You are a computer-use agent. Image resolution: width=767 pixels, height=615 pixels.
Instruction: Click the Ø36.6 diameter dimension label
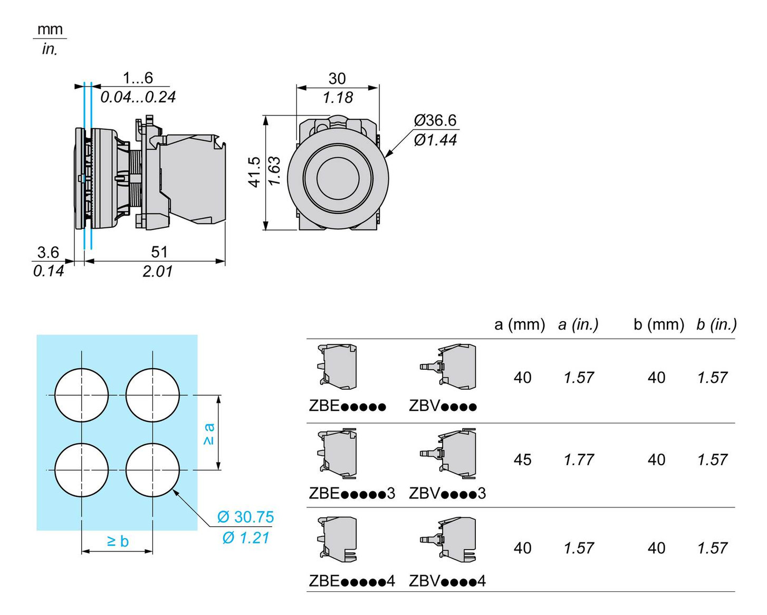tap(435, 121)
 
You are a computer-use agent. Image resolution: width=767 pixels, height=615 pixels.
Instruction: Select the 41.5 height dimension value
tap(255, 172)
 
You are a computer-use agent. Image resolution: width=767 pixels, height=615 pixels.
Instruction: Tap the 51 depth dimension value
tap(159, 252)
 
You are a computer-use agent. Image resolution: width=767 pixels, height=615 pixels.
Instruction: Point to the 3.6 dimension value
tap(48, 252)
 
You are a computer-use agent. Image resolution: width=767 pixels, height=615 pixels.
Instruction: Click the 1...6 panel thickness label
tap(138, 78)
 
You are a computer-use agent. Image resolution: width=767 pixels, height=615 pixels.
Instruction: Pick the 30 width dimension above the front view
tap(337, 79)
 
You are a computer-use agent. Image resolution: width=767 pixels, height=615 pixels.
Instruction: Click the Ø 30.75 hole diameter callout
tap(246, 517)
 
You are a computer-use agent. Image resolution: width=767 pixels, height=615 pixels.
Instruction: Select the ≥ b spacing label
tap(118, 541)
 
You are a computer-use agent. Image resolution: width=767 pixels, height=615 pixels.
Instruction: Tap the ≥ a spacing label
tap(209, 434)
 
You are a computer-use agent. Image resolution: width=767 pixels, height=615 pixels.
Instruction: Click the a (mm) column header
tap(520, 324)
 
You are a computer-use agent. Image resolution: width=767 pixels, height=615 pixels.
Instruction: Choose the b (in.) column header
tap(716, 324)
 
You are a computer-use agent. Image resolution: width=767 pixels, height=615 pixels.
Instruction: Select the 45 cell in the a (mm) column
tap(522, 460)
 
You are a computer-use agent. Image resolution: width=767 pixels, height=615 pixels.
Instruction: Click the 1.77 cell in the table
tap(579, 460)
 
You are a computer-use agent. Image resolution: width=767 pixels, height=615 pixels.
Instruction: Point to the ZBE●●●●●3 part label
tap(352, 494)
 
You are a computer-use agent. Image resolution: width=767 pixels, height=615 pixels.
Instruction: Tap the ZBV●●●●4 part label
tap(447, 581)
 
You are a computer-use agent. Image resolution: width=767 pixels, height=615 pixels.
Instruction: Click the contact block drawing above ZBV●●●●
tap(449, 367)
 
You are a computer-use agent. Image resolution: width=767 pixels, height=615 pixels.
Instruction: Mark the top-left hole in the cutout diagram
tap(82, 395)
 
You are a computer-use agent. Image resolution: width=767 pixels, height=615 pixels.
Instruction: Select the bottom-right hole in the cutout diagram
tap(153, 470)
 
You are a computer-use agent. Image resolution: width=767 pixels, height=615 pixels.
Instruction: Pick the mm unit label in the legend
tap(50, 30)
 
